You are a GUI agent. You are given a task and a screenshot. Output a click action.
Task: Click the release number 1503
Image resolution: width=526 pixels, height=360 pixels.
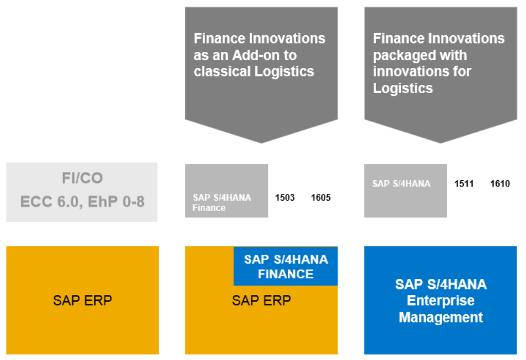point(285,197)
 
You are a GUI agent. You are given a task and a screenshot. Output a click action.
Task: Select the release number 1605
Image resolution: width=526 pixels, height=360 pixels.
point(321,197)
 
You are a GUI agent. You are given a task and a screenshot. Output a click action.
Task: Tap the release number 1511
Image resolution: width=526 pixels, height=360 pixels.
point(464,184)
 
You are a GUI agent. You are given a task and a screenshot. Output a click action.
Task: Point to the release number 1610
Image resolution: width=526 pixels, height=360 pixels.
point(500,184)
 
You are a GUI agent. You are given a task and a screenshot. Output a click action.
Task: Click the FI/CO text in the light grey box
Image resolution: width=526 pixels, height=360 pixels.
point(82,179)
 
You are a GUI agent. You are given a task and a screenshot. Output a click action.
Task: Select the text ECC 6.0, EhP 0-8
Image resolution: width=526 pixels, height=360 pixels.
point(82,202)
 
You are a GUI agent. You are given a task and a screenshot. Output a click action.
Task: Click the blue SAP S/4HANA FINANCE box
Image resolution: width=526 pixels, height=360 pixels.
point(286,266)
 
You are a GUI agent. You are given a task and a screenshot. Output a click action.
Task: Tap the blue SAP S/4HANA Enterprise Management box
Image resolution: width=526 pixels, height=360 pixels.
point(441,300)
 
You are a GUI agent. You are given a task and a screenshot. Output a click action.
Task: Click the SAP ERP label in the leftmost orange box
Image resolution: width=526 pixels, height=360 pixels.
point(82,300)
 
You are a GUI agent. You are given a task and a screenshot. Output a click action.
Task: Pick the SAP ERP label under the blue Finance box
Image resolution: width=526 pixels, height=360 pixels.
point(261,300)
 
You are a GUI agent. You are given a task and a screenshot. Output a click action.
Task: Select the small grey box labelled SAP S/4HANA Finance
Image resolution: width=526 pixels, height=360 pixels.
point(227,191)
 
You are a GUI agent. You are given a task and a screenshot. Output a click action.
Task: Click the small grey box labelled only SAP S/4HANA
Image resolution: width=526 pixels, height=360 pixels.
point(405,191)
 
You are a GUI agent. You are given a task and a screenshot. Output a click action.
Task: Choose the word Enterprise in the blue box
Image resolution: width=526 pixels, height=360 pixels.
point(441,301)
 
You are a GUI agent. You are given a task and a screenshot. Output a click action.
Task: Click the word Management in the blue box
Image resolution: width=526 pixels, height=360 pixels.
point(441,318)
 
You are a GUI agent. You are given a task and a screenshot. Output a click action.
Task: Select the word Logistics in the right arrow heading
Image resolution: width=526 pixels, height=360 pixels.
point(402,88)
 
